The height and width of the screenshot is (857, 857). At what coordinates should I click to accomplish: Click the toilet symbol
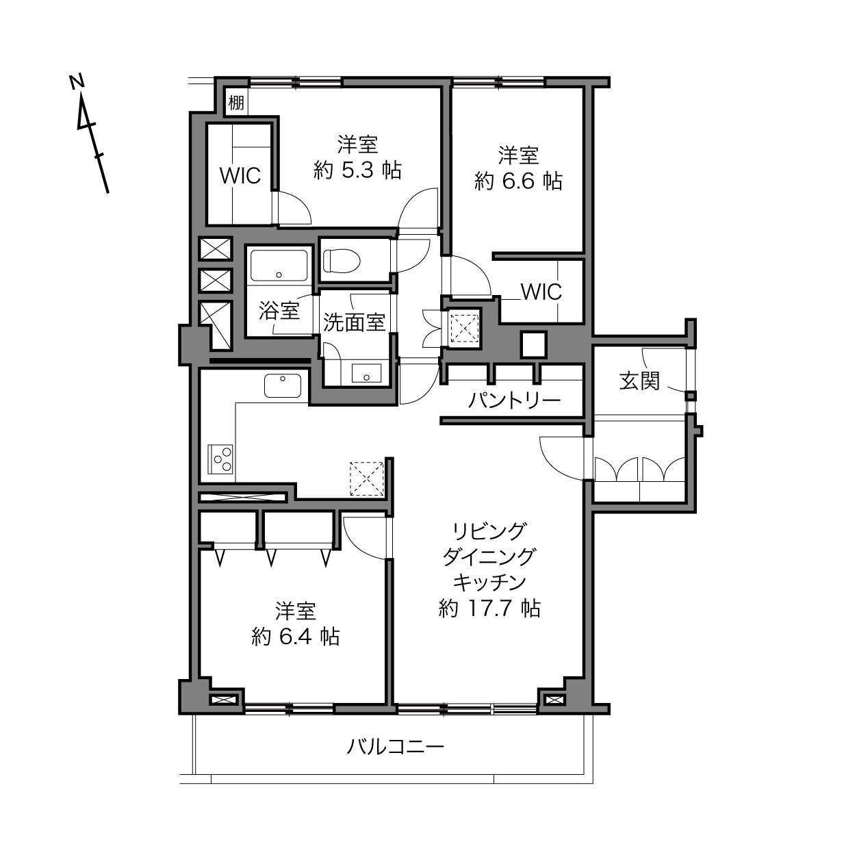(341, 261)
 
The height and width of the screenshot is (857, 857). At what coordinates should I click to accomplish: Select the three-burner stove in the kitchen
(220, 459)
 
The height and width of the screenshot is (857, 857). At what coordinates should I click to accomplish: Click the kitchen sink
(283, 385)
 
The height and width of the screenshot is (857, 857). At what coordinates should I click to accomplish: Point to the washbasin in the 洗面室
(366, 373)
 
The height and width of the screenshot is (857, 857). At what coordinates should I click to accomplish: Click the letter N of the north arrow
(77, 81)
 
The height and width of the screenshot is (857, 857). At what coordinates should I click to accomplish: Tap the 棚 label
(236, 103)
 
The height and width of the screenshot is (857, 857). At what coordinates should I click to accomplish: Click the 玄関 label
(639, 381)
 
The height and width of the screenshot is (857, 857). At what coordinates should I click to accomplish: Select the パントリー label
(514, 401)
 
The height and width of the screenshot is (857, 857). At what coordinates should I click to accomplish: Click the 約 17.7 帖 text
(489, 609)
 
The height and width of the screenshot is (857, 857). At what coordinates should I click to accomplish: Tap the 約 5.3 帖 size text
(357, 170)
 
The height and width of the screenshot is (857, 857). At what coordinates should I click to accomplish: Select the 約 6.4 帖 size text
(296, 637)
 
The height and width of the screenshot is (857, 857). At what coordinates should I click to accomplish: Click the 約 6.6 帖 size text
(519, 181)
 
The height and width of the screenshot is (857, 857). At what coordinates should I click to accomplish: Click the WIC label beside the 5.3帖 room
(240, 176)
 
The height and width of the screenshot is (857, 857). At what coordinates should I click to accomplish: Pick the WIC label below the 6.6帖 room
(541, 292)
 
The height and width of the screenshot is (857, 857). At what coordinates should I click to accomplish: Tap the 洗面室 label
(354, 322)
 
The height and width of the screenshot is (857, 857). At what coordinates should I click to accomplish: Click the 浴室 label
(279, 311)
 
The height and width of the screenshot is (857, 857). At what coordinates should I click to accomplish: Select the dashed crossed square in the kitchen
(367, 478)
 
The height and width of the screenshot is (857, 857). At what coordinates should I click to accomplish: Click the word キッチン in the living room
(489, 583)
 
